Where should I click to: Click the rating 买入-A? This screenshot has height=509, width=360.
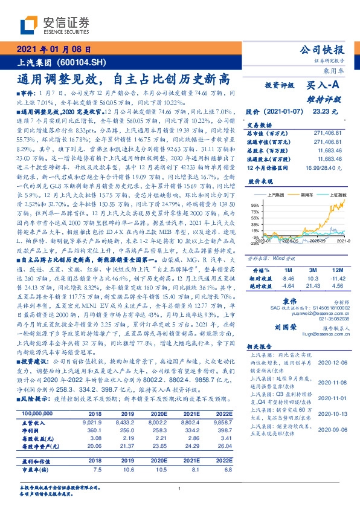click(x=321, y=86)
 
